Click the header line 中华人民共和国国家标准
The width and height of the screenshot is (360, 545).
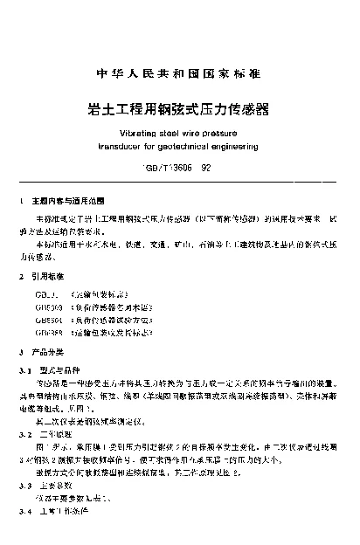coord(179,72)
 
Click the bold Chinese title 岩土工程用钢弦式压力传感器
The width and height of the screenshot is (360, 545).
coord(179,110)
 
